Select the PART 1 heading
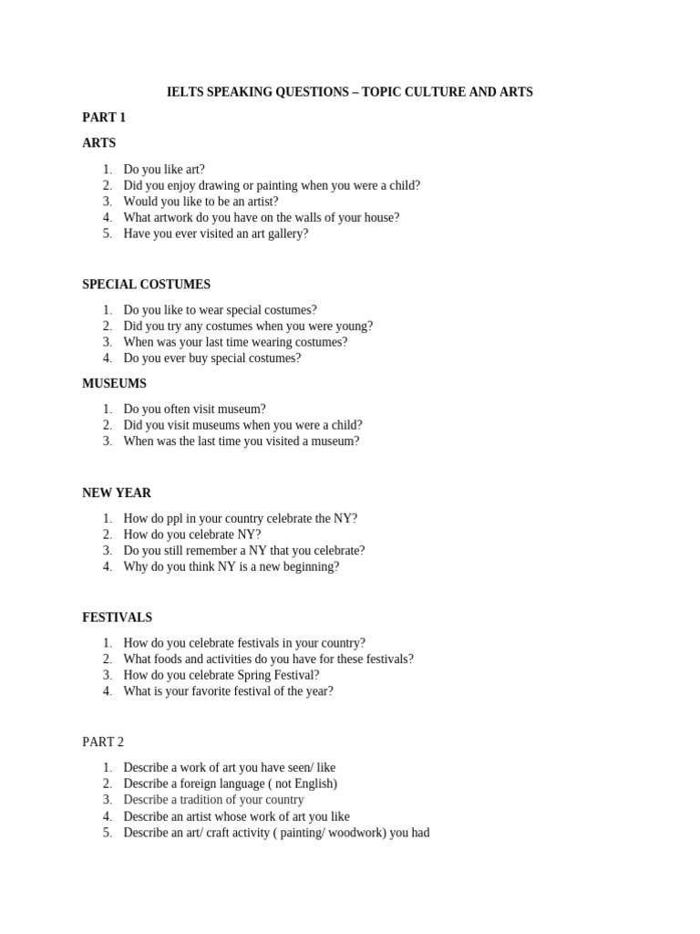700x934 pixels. (x=104, y=118)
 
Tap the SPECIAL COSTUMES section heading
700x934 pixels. (x=146, y=285)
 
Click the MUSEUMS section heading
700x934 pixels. (x=114, y=384)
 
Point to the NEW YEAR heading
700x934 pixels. (x=117, y=493)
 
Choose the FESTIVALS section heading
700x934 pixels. (x=117, y=617)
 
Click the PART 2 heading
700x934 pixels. (x=103, y=742)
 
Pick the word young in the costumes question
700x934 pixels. (x=352, y=326)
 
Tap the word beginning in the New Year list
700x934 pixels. (x=308, y=566)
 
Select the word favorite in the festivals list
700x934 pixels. (x=216, y=691)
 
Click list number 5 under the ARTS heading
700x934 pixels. (x=107, y=233)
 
